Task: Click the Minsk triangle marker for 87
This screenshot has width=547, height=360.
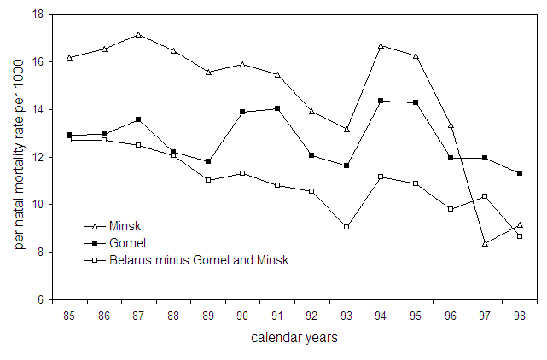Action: [138, 34]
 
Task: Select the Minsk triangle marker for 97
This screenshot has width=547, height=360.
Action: [486, 243]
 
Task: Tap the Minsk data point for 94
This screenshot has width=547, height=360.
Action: [381, 45]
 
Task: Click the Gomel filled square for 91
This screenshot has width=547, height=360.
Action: [277, 108]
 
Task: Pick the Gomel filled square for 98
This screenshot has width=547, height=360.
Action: [520, 173]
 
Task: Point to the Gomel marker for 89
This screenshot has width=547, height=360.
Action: [208, 161]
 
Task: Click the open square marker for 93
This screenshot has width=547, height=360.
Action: [346, 227]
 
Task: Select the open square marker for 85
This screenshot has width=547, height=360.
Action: [69, 139]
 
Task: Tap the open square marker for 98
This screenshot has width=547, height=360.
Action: [520, 235]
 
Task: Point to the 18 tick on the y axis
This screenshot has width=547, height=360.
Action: [38, 15]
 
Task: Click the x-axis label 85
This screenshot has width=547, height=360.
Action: [69, 316]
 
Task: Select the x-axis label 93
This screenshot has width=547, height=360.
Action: [346, 316]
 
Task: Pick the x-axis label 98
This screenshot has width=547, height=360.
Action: [520, 316]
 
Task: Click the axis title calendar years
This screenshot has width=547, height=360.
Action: [294, 338]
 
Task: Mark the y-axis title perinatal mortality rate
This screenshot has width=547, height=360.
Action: [19, 158]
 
